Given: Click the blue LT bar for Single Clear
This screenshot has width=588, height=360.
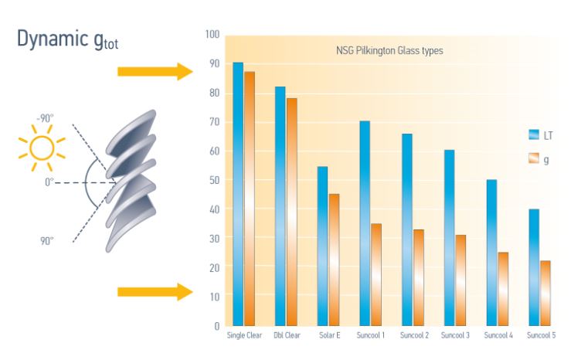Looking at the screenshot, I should pyautogui.click(x=238, y=193).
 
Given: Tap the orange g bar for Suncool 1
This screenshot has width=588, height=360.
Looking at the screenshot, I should pyautogui.click(x=376, y=274).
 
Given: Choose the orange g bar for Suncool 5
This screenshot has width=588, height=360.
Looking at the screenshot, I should pyautogui.click(x=545, y=293).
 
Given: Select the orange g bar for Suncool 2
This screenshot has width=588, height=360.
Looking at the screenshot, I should pyautogui.click(x=418, y=277).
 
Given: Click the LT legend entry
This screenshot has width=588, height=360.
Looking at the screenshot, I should pyautogui.click(x=540, y=134).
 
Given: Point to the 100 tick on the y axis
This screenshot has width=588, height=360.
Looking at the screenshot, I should pyautogui.click(x=212, y=36).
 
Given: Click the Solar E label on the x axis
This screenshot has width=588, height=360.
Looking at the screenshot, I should pyautogui.click(x=329, y=336).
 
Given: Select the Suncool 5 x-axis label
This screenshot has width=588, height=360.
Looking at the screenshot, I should pyautogui.click(x=541, y=336).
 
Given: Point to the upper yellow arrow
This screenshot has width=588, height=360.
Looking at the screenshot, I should pyautogui.click(x=155, y=72).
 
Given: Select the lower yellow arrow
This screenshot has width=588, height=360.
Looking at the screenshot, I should pyautogui.click(x=155, y=291).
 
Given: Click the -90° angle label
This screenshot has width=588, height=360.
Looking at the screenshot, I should pyautogui.click(x=45, y=118).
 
